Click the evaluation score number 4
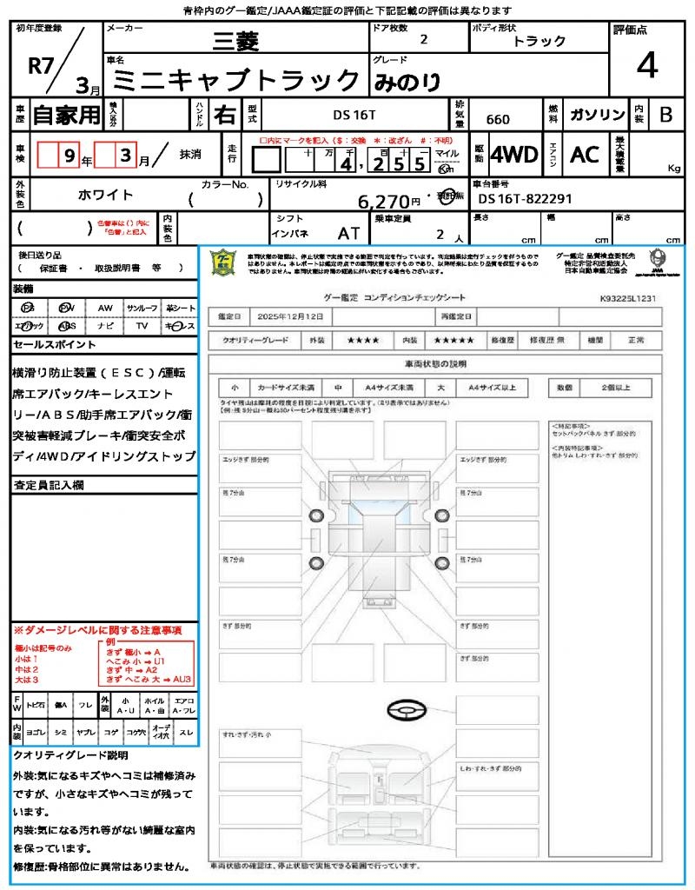645,66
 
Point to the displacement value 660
498,120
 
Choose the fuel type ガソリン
596,115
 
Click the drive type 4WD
514,155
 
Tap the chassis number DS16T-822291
526,199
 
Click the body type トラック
539,41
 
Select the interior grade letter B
665,115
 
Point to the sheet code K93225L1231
628,297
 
